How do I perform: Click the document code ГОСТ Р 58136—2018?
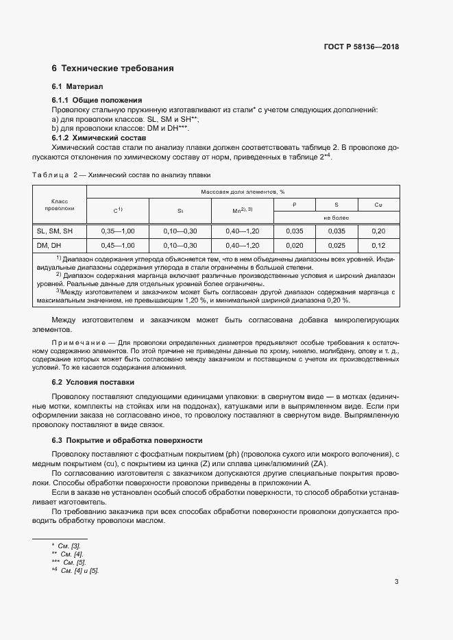point(360,47)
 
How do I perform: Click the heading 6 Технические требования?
point(112,68)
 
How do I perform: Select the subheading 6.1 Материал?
point(77,87)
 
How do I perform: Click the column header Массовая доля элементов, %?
point(243,192)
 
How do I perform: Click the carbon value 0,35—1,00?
point(118,231)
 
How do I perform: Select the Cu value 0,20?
point(378,231)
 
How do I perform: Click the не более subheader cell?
point(336,218)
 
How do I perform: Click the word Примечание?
point(83,342)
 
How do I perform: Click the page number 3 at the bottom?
point(397,582)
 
